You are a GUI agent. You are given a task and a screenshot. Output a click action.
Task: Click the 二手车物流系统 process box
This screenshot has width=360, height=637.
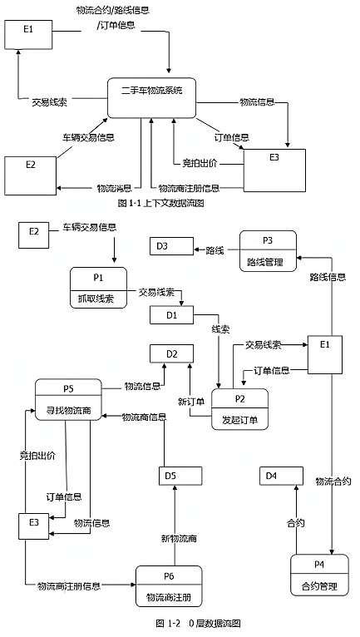click(151, 98)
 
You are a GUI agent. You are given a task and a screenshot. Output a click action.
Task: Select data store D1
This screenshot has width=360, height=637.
click(171, 315)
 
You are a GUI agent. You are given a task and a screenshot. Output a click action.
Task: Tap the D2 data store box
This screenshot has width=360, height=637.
click(171, 353)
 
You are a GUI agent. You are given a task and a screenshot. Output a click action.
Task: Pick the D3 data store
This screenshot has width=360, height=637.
click(171, 246)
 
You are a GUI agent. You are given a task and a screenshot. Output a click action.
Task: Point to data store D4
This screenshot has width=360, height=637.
click(281, 476)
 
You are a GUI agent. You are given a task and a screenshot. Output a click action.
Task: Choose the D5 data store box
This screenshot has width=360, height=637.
click(180, 476)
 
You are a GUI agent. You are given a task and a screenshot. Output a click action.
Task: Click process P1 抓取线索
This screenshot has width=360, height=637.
click(98, 288)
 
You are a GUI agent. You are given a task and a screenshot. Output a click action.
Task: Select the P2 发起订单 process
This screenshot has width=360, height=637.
click(239, 409)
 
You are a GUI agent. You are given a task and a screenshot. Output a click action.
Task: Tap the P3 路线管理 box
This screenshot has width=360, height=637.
click(268, 251)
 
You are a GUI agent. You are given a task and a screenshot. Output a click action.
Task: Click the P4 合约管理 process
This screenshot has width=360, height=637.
click(319, 575)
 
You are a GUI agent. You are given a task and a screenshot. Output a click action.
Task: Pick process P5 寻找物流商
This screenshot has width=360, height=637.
click(68, 400)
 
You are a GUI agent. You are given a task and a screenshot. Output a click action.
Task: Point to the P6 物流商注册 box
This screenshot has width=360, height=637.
click(169, 586)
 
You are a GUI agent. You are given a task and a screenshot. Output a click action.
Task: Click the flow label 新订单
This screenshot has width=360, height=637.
click(191, 402)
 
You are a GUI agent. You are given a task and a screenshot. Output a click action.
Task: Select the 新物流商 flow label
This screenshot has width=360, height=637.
click(180, 539)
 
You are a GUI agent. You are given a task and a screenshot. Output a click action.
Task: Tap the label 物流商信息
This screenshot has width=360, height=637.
click(144, 417)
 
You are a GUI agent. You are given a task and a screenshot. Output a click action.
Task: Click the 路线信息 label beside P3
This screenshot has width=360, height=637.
click(328, 277)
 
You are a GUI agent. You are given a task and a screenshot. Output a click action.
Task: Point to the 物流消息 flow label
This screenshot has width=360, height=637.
click(114, 188)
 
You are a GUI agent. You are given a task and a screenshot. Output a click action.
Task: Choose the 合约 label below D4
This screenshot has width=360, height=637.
click(296, 523)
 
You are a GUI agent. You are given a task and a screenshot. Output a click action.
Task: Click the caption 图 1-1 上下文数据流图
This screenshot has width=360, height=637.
click(161, 203)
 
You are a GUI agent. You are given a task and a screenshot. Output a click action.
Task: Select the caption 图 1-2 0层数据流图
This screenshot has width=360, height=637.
click(198, 623)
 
